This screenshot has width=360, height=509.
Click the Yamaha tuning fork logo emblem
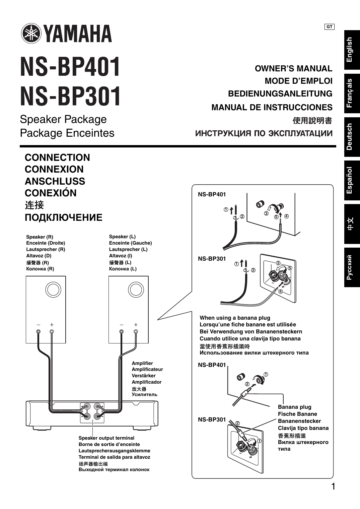pyautogui.click(x=30, y=34)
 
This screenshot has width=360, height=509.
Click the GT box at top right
pyautogui.click(x=329, y=27)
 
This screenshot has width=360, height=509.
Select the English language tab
pyautogui.click(x=351, y=50)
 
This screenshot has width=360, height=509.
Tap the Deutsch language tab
pyautogui.click(x=351, y=137)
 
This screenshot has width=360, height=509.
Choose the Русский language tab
pyautogui.click(x=351, y=267)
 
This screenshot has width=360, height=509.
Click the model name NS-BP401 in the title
pyautogui.click(x=70, y=67)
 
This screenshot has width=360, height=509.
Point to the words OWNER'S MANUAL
pyautogui.click(x=293, y=69)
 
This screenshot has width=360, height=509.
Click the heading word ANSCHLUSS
pyautogui.click(x=55, y=181)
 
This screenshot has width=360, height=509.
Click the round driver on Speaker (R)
pyautogui.click(x=53, y=290)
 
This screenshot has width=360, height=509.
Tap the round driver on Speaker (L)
pyautogui.click(x=136, y=290)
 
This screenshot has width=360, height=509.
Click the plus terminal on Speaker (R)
pyautogui.click(x=52, y=332)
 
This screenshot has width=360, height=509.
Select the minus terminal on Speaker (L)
pyautogui.click(x=121, y=332)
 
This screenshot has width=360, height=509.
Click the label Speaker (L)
pyautogui.click(x=122, y=237)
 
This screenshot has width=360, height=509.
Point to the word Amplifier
pyautogui.click(x=142, y=363)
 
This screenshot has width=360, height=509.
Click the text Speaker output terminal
pyautogui.click(x=106, y=438)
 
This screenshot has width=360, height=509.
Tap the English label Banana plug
pyautogui.click(x=294, y=407)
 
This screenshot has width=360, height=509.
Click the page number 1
pyautogui.click(x=333, y=486)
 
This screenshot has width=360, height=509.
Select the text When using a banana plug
pyautogui.click(x=235, y=318)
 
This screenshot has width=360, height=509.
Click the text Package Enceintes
pyautogui.click(x=67, y=133)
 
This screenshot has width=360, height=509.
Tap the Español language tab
pyautogui.click(x=351, y=180)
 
